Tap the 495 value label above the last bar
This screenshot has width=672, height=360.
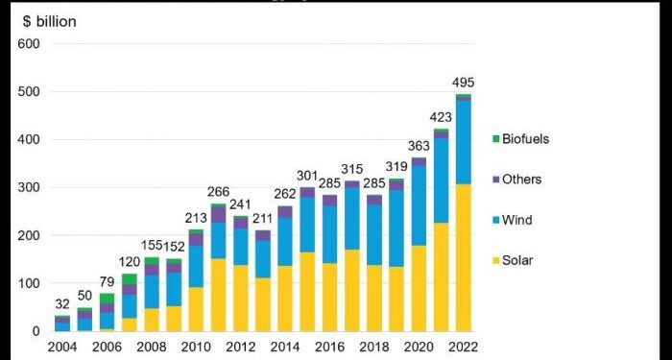tap(465, 83)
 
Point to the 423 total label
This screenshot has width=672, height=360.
tap(441, 118)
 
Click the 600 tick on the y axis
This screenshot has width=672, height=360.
tap(27, 44)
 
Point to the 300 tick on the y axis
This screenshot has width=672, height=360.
tap(27, 188)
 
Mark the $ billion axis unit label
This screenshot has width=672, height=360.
tap(47, 20)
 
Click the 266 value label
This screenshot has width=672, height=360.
tap(218, 193)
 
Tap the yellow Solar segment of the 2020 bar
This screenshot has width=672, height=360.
tap(419, 288)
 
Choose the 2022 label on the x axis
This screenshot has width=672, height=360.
tap(461, 347)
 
